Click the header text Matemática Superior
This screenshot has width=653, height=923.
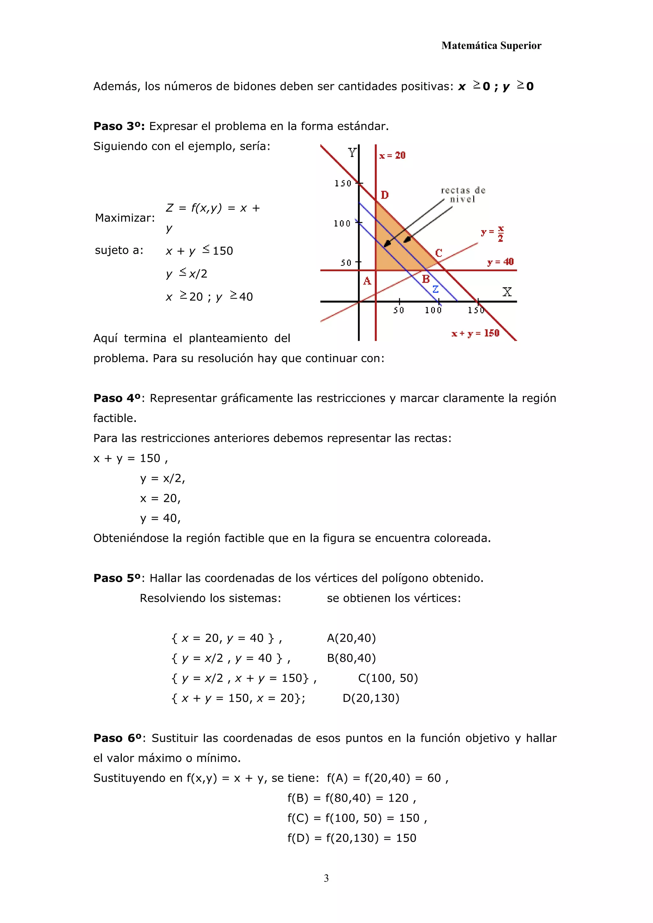491,46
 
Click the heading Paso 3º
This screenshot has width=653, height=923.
119,126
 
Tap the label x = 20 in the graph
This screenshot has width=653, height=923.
393,155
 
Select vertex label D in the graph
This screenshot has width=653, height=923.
385,195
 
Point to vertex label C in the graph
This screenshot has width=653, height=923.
439,253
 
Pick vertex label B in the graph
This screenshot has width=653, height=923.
426,279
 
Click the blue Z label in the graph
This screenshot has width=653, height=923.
436,289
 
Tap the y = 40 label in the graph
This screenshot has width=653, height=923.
500,262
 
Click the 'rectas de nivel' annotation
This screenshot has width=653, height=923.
463,194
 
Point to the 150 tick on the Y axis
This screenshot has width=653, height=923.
343,183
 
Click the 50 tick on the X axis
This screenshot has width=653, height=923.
399,310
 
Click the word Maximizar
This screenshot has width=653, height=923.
125,218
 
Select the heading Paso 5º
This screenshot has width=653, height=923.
117,578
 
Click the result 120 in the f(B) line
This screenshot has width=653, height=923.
398,798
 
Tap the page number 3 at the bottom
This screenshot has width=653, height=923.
326,878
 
